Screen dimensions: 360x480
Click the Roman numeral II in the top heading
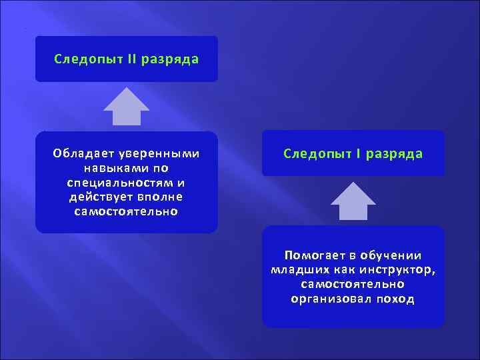pos(131,59)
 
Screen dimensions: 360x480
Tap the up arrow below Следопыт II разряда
pos(127,107)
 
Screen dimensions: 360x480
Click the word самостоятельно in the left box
pos(127,212)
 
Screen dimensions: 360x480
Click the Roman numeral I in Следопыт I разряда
pos(359,154)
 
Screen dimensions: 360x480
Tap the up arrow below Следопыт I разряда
pos(353,201)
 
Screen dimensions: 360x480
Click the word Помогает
pos(312,255)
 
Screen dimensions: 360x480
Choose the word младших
pos(298,270)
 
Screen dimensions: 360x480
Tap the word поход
pos(395,299)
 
